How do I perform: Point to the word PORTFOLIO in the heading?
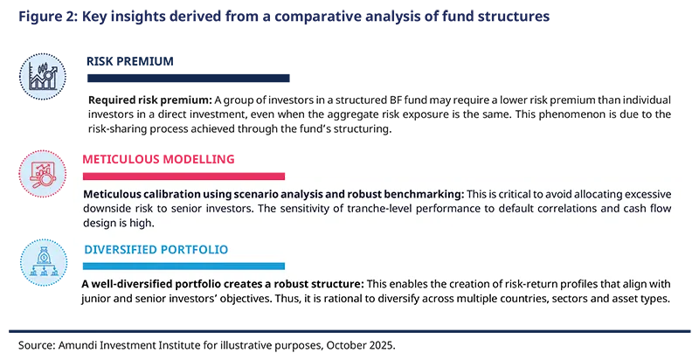(x=198, y=250)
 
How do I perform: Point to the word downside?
(x=110, y=209)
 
